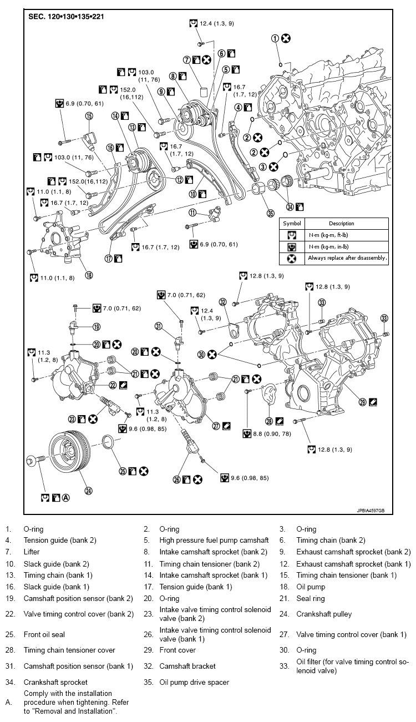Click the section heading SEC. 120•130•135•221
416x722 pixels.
66,17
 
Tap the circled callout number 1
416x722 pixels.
275,38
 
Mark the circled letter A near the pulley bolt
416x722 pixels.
65,498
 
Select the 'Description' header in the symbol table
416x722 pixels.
341,223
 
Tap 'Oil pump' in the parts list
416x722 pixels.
311,587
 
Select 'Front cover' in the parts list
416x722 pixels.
176,650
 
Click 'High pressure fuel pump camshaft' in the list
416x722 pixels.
214,540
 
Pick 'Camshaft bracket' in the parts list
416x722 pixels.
187,666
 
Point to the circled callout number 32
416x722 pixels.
223,302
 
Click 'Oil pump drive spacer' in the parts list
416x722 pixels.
194,682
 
